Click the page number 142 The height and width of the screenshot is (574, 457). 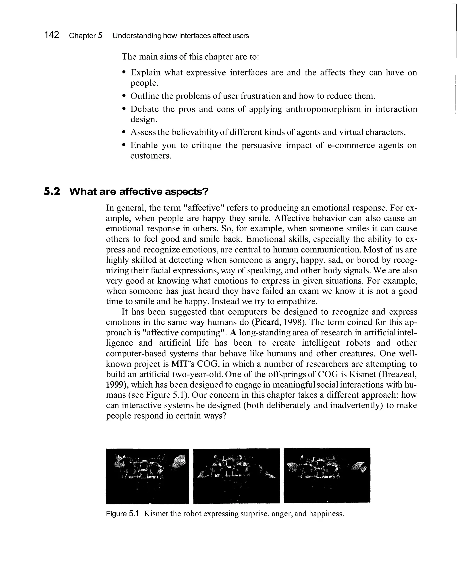pyautogui.click(x=52, y=35)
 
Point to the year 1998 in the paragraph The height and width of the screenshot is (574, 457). pyautogui.click(x=293, y=322)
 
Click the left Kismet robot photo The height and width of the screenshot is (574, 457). pyautogui.click(x=147, y=476)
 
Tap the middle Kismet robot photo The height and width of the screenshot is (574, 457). pyautogui.click(x=236, y=476)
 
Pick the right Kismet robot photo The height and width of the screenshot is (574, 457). pyautogui.click(x=327, y=476)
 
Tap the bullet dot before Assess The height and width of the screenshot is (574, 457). pyautogui.click(x=123, y=132)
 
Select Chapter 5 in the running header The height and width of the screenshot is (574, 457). pyautogui.click(x=85, y=35)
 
